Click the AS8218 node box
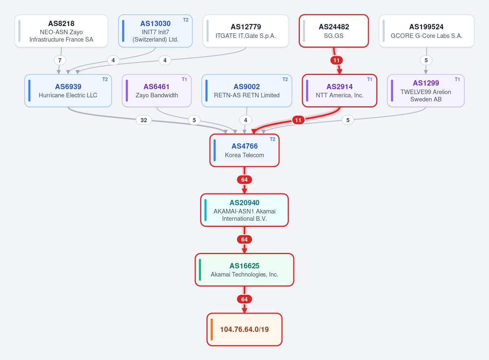[62, 31]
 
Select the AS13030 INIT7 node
[155, 31]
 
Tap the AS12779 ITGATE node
[246, 31]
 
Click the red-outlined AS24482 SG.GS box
[334, 31]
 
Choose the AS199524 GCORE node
[427, 31]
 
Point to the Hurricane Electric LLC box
[68, 91]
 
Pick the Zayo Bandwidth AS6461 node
[157, 91]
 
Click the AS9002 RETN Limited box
[247, 91]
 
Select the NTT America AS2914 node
[340, 91]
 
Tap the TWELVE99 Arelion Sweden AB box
[426, 91]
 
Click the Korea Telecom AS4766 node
[244, 150]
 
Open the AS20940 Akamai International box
[244, 210]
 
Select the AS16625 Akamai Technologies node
[244, 270]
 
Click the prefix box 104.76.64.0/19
[244, 329]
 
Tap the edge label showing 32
[143, 120]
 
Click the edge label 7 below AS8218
[60, 60]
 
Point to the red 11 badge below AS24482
[337, 60]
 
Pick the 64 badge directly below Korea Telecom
[244, 180]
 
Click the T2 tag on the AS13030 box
[185, 20]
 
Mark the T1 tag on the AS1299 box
[457, 79]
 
